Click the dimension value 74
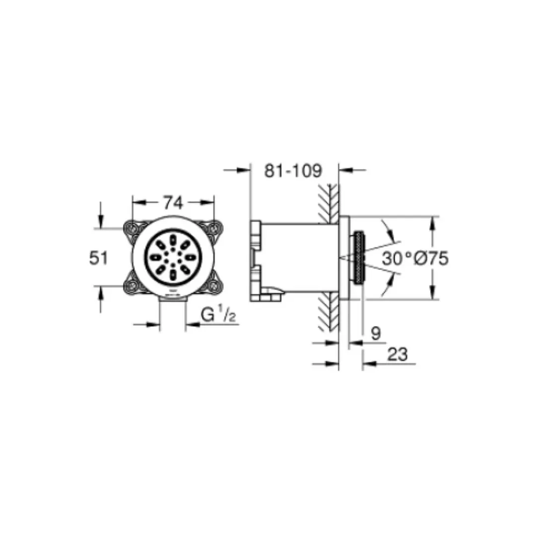tap(173, 203)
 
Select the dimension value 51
tap(98, 258)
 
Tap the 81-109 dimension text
tap(293, 171)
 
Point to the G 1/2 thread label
tap(218, 314)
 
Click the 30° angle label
tap(397, 259)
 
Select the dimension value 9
tap(375, 333)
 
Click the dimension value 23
tap(397, 354)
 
